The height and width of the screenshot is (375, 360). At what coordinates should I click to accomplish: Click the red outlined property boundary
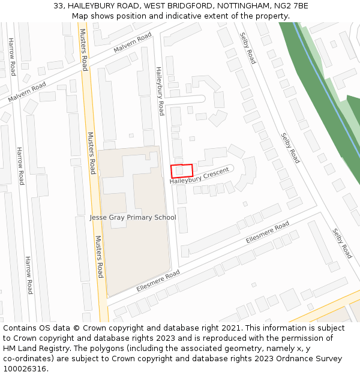(x=182, y=170)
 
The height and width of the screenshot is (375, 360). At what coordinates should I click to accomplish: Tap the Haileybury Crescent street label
(x=199, y=176)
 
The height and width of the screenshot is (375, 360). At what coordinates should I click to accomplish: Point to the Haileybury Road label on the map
(x=160, y=91)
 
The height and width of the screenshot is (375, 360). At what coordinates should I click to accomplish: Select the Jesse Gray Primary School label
(x=133, y=217)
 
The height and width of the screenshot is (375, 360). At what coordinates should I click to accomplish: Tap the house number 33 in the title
(x=59, y=5)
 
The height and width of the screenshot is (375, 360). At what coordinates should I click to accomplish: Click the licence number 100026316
(x=25, y=369)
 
